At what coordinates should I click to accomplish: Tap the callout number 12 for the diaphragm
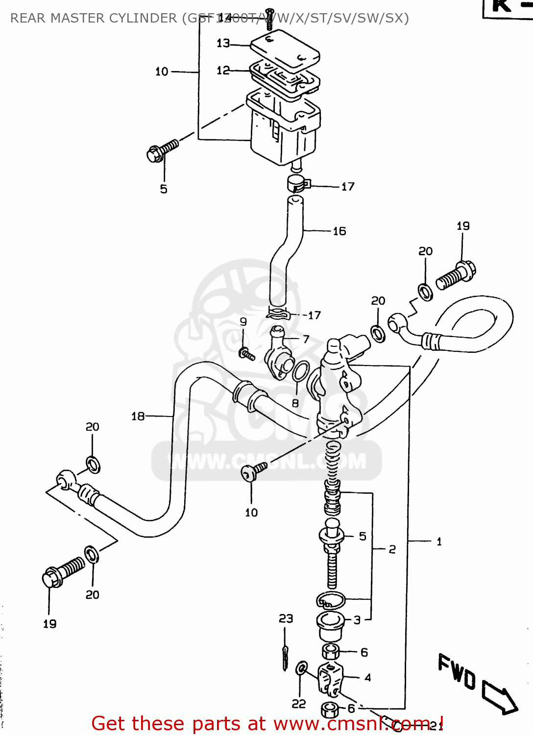(222, 71)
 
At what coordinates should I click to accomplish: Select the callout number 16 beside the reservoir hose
(339, 231)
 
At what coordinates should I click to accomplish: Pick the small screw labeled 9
(246, 353)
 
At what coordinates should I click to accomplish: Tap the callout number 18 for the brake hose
(138, 416)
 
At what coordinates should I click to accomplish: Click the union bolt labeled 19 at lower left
(63, 572)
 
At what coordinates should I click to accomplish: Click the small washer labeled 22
(302, 668)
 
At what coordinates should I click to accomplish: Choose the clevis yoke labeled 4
(330, 678)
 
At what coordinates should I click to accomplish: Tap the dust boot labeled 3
(330, 625)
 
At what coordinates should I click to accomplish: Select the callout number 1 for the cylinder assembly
(439, 542)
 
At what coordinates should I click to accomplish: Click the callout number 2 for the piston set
(392, 550)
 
